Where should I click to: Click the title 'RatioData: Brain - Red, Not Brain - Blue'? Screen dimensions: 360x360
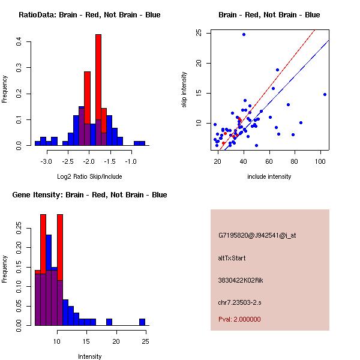pos(89,15)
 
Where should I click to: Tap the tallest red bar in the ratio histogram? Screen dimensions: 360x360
pos(98,90)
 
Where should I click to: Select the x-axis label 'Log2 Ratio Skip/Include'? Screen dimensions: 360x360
pos(89,176)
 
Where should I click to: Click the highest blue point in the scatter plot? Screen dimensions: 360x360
pos(244,34)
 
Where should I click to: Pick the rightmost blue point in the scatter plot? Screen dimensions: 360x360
pos(325,94)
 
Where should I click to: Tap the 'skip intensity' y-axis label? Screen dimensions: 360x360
pos(184,90)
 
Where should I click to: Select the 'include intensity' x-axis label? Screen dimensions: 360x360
pos(269,176)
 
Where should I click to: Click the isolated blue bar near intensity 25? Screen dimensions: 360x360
pos(142,322)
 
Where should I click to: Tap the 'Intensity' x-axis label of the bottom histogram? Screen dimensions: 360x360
pos(90,356)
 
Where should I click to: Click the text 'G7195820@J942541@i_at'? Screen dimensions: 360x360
pos(257,235)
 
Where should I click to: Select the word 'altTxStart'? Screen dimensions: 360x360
pos(232,258)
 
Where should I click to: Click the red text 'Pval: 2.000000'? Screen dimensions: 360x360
pos(239,319)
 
